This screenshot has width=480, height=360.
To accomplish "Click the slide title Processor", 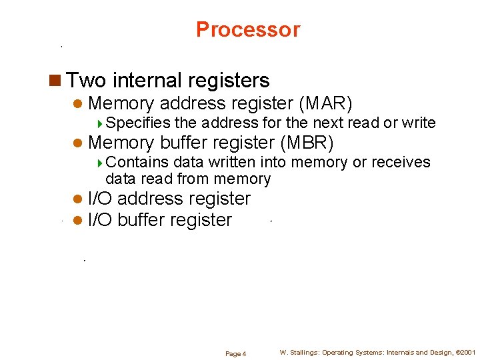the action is pos(248,30).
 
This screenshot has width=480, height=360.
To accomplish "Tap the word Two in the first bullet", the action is pos(86,81).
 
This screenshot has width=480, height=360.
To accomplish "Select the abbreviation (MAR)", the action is pos(326,103).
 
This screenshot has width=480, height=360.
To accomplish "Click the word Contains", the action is pos(137,162).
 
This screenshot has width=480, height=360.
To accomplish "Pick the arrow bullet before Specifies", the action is pos(100,123).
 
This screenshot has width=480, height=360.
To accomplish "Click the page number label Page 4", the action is pos(235,353).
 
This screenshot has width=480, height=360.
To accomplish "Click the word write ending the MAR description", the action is pos(419,123).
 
